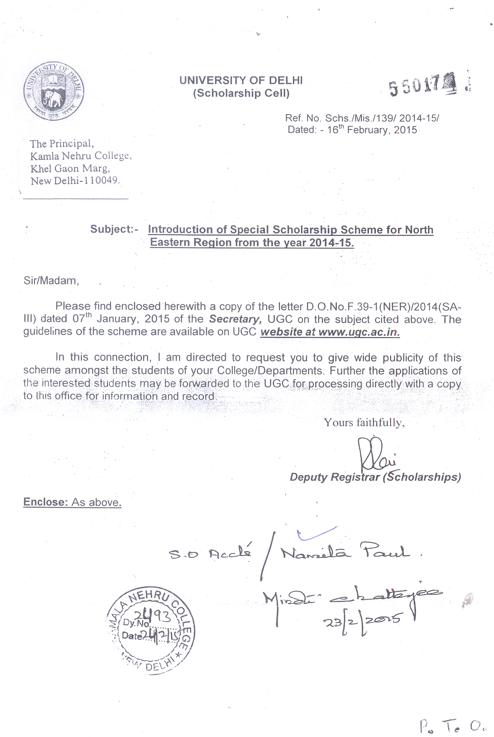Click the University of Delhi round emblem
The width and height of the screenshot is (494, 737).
coord(53,91)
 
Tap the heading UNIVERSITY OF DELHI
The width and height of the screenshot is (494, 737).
coord(241,80)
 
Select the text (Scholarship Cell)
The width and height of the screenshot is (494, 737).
coord(241,93)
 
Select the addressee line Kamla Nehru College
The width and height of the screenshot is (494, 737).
coord(81,156)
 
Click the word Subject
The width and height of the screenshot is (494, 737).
coord(111,229)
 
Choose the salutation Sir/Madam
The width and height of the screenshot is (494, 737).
coord(51,281)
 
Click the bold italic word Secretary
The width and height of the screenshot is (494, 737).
coord(235,319)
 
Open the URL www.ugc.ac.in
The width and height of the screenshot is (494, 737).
coord(359,332)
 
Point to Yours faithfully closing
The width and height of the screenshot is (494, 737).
coord(364,423)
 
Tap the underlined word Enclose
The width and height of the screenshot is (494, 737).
coord(45,502)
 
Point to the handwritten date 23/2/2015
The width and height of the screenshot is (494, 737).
coord(362,621)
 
